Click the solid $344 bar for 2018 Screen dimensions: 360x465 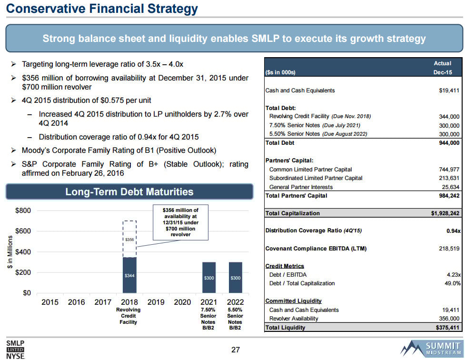click(129, 275)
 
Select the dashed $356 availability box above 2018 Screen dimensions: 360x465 click(129, 239)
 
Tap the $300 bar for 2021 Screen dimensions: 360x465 click(209, 277)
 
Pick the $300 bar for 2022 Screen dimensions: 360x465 click(235, 277)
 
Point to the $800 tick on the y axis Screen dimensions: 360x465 click(23, 210)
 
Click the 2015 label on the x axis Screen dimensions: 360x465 click(50, 301)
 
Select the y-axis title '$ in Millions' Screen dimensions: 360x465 click(10, 252)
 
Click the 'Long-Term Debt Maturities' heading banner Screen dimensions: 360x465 click(129, 192)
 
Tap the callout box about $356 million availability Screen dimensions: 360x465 click(180, 222)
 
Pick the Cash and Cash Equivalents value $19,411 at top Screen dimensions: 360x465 click(448, 90)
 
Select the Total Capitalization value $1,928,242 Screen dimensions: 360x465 click(442, 213)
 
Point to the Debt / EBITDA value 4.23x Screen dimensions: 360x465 click(452, 275)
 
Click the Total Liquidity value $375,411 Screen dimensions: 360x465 click(447, 328)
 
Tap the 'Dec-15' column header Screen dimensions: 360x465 click(442, 72)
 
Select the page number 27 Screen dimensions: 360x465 click(235, 350)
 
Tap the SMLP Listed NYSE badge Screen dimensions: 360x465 click(15, 349)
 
